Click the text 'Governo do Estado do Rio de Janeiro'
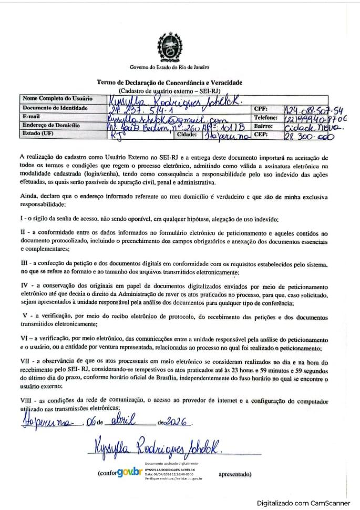point(169,67)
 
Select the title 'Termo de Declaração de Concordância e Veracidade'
point(169,83)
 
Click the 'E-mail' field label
point(32,116)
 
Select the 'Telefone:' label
point(266,117)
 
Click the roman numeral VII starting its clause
point(25,363)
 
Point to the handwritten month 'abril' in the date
point(121,421)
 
